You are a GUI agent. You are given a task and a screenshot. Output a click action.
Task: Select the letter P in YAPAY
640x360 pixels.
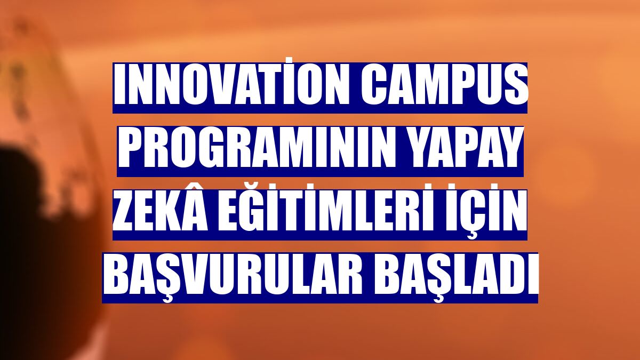tap(467, 151)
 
